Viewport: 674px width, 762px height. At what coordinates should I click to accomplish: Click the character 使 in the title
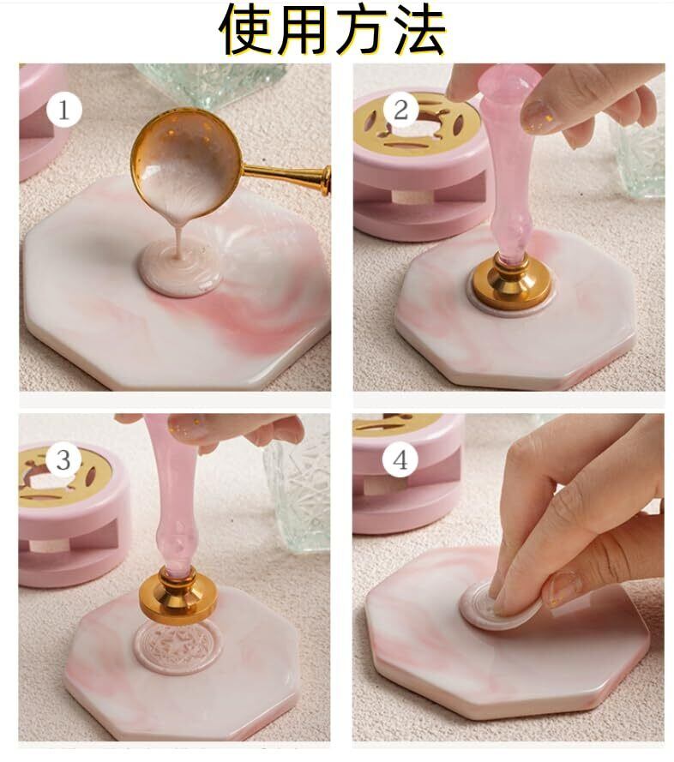(x=247, y=29)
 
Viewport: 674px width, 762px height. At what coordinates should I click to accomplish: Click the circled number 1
(x=64, y=110)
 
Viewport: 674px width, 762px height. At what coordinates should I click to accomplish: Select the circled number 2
(x=400, y=110)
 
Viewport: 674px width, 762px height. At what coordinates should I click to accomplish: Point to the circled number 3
(x=63, y=459)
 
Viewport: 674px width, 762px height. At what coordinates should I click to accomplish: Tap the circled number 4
(x=400, y=459)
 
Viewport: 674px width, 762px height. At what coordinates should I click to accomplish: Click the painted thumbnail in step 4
(x=563, y=588)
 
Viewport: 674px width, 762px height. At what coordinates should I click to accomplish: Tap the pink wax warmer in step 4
(x=406, y=474)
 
